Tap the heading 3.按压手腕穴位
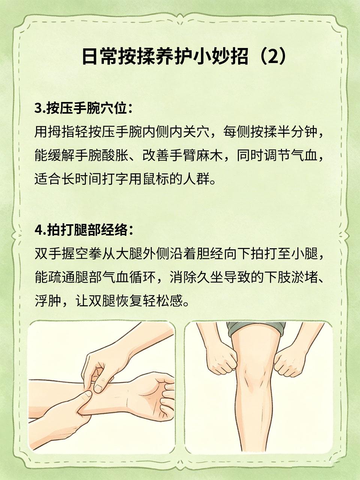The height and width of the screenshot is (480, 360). (84, 108)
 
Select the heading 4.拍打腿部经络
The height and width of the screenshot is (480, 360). (84, 230)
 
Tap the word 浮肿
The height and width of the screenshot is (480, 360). (48, 301)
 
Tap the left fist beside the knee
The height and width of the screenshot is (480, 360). (221, 361)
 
